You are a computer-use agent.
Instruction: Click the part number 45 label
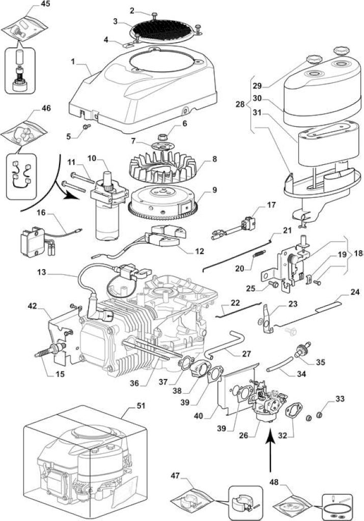click(x=45, y=4)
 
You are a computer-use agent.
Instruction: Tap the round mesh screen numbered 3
click(x=162, y=30)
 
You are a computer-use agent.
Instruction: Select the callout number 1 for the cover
click(x=73, y=62)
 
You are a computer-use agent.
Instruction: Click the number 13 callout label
click(x=42, y=273)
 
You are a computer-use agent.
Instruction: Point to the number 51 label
click(x=142, y=406)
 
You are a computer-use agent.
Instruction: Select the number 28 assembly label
click(x=240, y=104)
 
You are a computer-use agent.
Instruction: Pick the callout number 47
click(x=175, y=476)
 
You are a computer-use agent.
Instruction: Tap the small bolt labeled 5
click(x=87, y=126)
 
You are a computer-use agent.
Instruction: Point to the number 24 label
click(x=355, y=292)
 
